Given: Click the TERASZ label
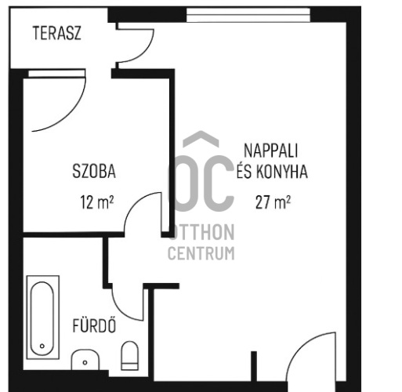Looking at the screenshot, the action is click(x=56, y=33).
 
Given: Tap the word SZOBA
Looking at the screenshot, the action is click(x=94, y=171).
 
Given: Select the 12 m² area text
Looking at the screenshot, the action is click(x=96, y=202).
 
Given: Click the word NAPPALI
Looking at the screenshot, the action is click(x=270, y=151).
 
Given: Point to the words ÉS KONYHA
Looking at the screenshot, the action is click(x=272, y=171).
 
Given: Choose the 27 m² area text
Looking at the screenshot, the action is click(x=273, y=202).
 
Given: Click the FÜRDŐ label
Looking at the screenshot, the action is click(x=94, y=325).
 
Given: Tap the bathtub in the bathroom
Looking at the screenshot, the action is click(x=43, y=318).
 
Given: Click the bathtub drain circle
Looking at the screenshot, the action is click(x=42, y=346).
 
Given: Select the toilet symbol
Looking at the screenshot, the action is click(x=130, y=356).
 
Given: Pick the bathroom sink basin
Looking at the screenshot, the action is click(x=85, y=360).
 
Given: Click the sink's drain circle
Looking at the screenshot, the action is click(x=85, y=362).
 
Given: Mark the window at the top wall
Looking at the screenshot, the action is click(x=248, y=15).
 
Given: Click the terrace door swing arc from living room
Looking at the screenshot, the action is click(x=147, y=51).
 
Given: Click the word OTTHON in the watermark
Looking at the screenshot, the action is click(x=202, y=232).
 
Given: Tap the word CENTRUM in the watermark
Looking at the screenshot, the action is click(x=201, y=253).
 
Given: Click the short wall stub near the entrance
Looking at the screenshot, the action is click(x=254, y=366).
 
